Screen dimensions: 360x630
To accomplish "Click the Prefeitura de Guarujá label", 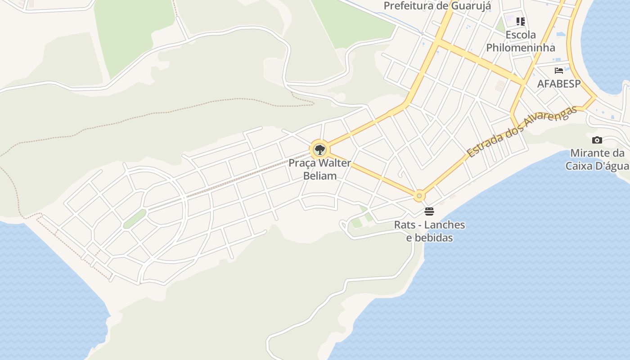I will click(x=437, y=6).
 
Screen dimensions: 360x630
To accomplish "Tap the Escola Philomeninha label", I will click(x=521, y=41).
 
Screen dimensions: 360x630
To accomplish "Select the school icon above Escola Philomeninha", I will click(x=521, y=22).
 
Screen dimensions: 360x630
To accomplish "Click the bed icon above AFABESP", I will click(x=559, y=71).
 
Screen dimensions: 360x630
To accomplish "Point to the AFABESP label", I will click(x=559, y=84).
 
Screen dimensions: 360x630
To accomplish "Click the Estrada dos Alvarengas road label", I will click(x=522, y=131).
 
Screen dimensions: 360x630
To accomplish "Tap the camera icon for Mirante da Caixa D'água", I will click(x=597, y=140).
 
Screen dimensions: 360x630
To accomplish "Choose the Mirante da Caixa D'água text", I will click(x=597, y=159).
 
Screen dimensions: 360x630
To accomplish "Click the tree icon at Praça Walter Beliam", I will click(x=319, y=149).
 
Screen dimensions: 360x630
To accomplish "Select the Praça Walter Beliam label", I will click(x=319, y=169).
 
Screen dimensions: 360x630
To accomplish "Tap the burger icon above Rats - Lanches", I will click(x=429, y=211).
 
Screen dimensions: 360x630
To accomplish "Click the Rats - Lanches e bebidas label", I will click(x=429, y=231).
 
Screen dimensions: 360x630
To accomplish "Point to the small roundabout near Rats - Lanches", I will click(x=419, y=196).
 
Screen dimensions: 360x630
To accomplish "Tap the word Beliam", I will click(x=320, y=175).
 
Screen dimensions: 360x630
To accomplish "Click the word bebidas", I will click(x=429, y=238).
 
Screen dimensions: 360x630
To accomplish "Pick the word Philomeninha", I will click(x=521, y=47).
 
